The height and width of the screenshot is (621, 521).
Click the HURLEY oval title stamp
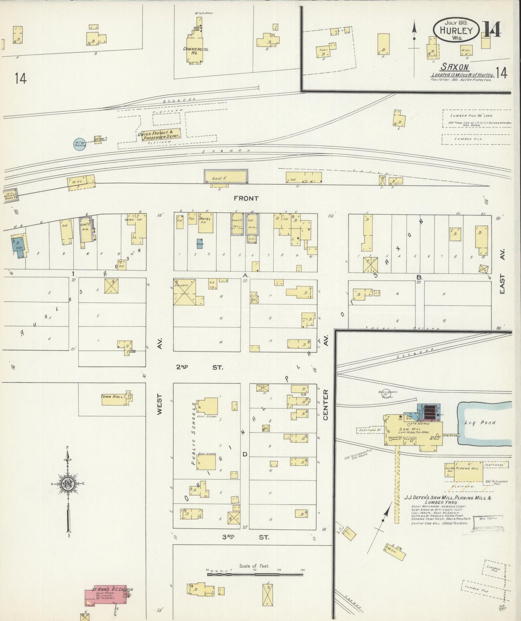pyautogui.click(x=456, y=30)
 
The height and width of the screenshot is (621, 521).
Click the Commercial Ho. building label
pyautogui.click(x=196, y=51)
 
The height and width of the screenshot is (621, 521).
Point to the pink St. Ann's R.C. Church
pyautogui.click(x=106, y=597)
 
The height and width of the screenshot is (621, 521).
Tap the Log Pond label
pyautogui.click(x=485, y=422)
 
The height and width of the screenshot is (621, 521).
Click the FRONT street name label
pyautogui.click(x=246, y=198)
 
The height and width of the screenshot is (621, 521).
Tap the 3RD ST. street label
pyautogui.click(x=245, y=537)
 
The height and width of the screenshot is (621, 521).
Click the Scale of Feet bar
pyautogui.click(x=255, y=574)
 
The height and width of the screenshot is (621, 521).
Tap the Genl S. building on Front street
pyautogui.click(x=226, y=177)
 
